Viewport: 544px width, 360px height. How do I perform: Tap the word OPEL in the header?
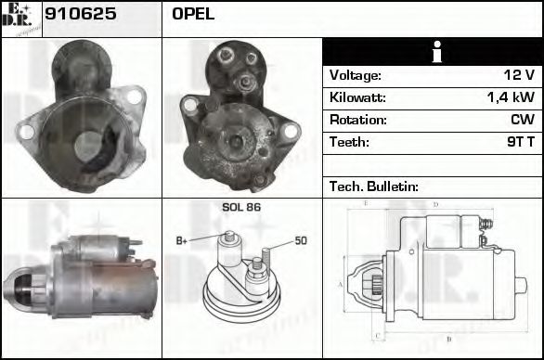(x=192, y=15)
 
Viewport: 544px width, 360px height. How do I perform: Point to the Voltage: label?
(x=355, y=75)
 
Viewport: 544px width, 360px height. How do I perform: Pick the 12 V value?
(x=517, y=75)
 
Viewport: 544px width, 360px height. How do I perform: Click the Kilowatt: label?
(x=357, y=97)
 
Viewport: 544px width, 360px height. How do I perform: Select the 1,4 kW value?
(x=511, y=97)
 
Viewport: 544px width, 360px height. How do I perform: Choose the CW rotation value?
(x=522, y=120)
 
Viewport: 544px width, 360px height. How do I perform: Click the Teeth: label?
(x=349, y=142)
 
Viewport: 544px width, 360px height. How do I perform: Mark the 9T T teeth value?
(x=520, y=142)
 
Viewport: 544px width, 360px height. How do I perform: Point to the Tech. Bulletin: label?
(x=374, y=186)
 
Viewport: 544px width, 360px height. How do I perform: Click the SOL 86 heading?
(x=241, y=207)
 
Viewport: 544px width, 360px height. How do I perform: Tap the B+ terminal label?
(x=182, y=241)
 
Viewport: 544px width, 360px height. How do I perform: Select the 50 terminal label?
(x=300, y=241)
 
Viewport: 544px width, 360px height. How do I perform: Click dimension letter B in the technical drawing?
(x=448, y=340)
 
